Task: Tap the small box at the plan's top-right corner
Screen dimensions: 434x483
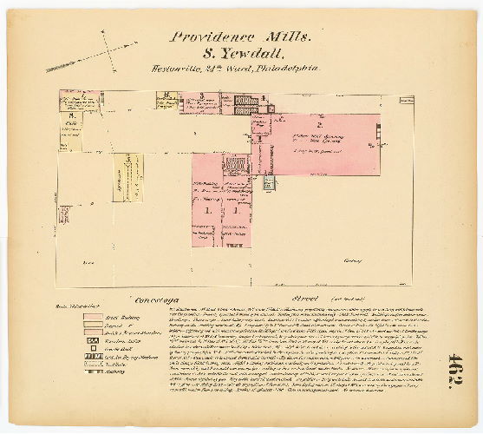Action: point(408,99)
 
